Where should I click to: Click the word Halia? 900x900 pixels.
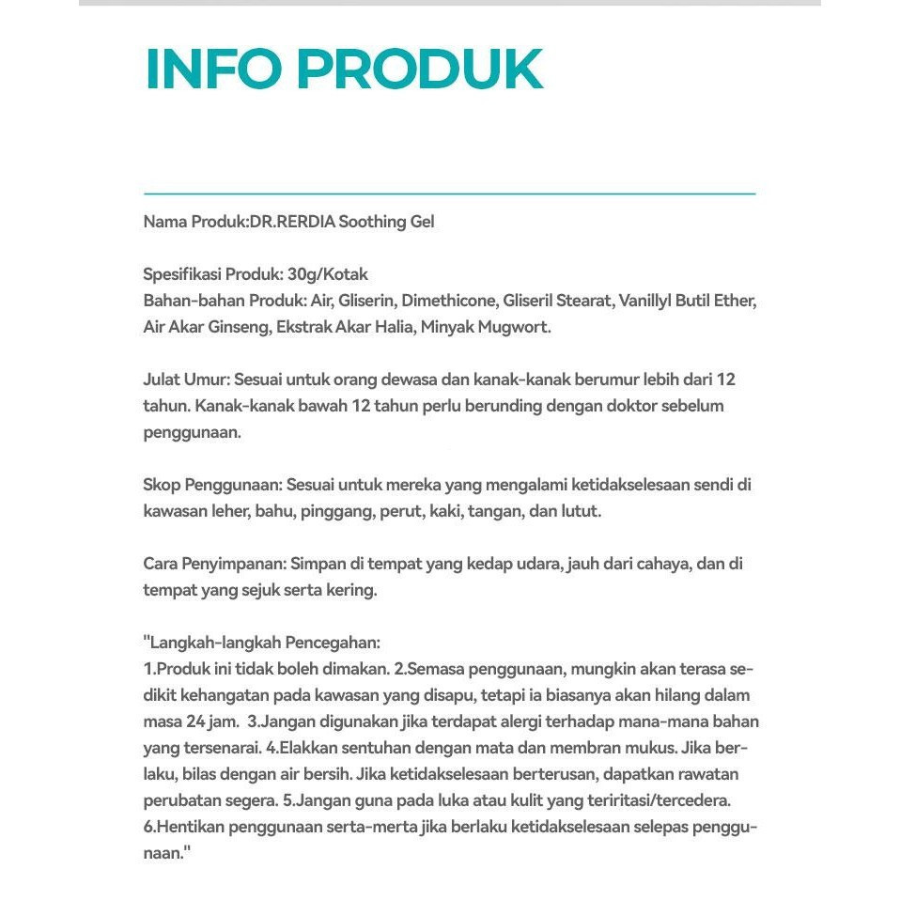tap(390, 328)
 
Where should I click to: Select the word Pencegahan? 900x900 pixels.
tap(333, 644)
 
